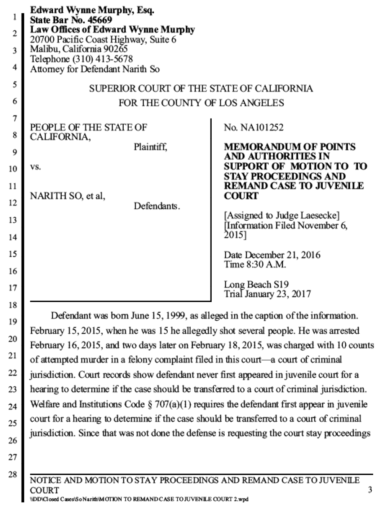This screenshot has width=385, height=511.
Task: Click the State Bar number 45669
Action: pos(100,20)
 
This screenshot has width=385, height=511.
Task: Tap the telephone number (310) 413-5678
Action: pos(103,59)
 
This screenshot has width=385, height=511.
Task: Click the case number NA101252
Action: pos(262,128)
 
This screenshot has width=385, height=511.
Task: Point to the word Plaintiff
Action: pos(150,147)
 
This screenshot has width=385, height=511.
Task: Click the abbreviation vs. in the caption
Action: pos(35,167)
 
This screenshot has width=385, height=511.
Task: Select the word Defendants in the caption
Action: pos(156,206)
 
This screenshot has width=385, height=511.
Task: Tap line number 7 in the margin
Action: pos(15,119)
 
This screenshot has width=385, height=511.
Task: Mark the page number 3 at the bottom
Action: pos(370,490)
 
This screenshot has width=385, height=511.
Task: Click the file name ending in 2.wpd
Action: pos(139,499)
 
